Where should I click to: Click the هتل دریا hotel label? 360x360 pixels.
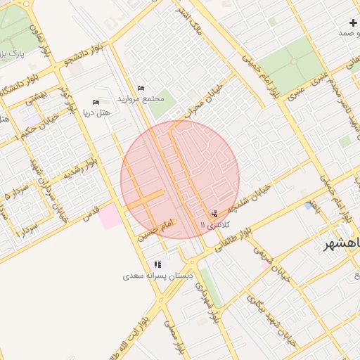pos(97,112)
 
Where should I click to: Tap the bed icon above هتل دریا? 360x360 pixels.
pos(96,102)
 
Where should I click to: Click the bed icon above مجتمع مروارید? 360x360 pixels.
pos(141,88)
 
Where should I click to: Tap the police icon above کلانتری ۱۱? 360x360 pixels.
pos(214,214)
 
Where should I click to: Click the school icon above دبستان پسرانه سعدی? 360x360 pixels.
pos(157,264)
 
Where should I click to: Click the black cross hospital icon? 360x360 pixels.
pos(353,23)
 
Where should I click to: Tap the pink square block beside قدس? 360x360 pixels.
pos(109,217)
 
